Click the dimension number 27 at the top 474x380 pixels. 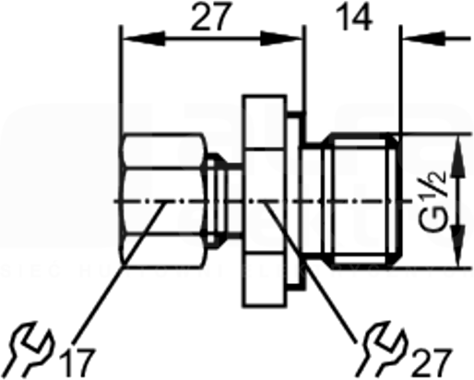(x=211, y=17)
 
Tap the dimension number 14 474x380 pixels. (x=354, y=17)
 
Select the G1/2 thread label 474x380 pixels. (x=433, y=200)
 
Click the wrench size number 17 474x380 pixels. (x=77, y=362)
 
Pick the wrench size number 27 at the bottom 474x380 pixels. (x=432, y=362)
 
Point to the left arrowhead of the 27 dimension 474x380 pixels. (x=144, y=39)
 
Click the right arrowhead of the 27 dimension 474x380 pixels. (x=281, y=39)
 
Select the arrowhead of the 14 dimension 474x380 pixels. (x=424, y=39)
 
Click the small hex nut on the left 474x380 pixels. (x=163, y=200)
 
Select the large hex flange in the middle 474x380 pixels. (x=265, y=201)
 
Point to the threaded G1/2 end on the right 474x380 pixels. (x=362, y=200)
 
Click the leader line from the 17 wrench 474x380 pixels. (x=119, y=272)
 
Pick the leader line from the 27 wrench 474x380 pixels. (x=310, y=272)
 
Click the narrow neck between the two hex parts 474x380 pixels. (x=225, y=200)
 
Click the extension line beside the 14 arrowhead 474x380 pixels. (x=400, y=79)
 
